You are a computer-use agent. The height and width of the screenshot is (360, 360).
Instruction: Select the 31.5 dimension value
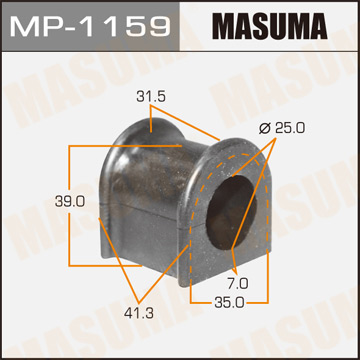pos(151,97)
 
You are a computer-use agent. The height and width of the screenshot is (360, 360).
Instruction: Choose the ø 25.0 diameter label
pos(282,127)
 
